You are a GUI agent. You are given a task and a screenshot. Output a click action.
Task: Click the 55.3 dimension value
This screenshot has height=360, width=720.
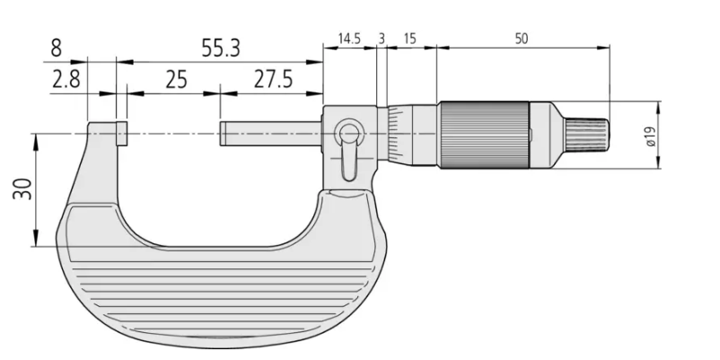pos(221,48)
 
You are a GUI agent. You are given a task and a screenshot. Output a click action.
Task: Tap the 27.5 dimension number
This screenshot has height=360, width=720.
pos(273,79)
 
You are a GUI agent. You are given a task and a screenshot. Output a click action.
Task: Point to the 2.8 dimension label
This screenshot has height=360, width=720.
pos(66,79)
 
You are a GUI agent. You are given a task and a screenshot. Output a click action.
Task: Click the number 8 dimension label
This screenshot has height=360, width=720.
pos(56,48)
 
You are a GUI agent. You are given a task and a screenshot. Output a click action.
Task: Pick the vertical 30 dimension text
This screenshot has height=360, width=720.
pos(22,189)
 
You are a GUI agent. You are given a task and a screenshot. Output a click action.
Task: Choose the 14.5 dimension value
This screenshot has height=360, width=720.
pos(349,39)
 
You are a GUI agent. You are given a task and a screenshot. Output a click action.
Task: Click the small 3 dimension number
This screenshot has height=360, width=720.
pos(382,39)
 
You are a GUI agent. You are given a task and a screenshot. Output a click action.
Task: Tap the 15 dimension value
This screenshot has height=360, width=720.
pos(409,39)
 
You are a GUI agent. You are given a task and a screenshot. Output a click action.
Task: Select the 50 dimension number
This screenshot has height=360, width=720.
pos(522,39)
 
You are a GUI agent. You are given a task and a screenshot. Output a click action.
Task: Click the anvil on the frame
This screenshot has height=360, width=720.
pos(122,134)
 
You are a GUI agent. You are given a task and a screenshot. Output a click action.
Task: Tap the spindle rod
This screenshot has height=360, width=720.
pos(271,134)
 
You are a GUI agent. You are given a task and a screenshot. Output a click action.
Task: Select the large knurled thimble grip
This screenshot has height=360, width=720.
pos(485,135)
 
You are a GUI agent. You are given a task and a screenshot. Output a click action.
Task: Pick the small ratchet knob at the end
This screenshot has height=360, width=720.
pos(587,134)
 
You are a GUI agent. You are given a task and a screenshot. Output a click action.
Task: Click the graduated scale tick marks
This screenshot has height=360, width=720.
pos(393,134)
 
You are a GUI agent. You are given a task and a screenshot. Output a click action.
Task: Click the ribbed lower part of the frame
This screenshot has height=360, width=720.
pos(221,298)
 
